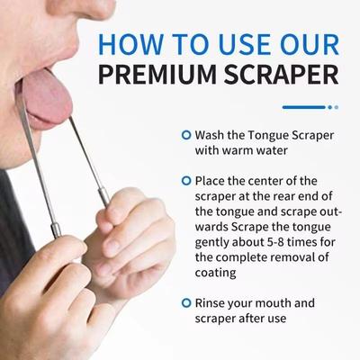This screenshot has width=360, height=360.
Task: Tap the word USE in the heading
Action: pos(243,43)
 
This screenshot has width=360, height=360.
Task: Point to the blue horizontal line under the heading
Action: pos(303,107)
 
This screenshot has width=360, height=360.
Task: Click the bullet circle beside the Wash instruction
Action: pos(185,135)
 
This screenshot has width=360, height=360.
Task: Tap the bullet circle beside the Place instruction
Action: pos(185,180)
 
